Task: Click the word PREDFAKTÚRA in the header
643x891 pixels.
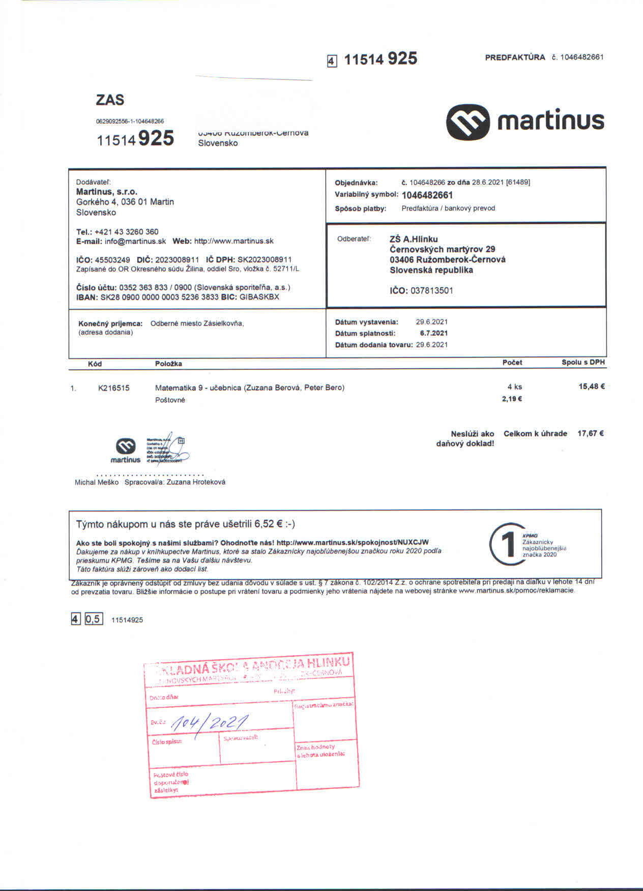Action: pos(515,57)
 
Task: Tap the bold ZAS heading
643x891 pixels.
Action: pos(110,100)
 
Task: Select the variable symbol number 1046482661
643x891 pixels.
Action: pos(427,195)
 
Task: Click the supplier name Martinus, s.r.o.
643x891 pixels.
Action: pos(106,192)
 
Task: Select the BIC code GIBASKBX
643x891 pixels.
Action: pos(259,297)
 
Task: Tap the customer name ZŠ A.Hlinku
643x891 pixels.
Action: pos(413,239)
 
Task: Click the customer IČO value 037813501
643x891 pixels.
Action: pos(431,291)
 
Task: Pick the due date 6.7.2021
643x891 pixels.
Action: pos(433,333)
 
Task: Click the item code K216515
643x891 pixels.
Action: pos(114,388)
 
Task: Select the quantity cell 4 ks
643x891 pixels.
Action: pos(514,387)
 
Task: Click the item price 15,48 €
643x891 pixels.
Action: pos(591,387)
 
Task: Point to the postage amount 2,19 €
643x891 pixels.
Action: pos(512,399)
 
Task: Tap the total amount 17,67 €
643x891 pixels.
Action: pos(590,434)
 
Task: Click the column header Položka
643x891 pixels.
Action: pos(168,364)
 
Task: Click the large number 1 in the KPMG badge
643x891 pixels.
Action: pos(507,545)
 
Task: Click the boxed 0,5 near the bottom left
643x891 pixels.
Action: pos(94,619)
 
